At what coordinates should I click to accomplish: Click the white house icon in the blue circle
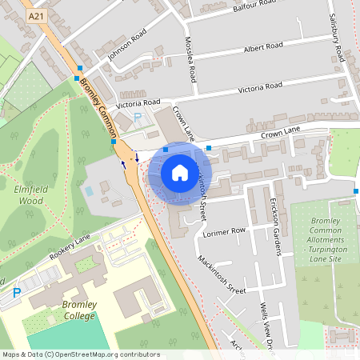coord(180,173)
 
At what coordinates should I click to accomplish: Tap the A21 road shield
coord(36,16)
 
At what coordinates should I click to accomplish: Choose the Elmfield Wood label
coord(29,195)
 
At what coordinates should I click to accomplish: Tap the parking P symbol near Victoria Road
coord(137,118)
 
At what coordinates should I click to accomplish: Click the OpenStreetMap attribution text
coord(80,354)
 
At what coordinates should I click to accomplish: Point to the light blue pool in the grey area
coord(88,191)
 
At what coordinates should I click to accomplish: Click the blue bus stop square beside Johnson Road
coord(80,70)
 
